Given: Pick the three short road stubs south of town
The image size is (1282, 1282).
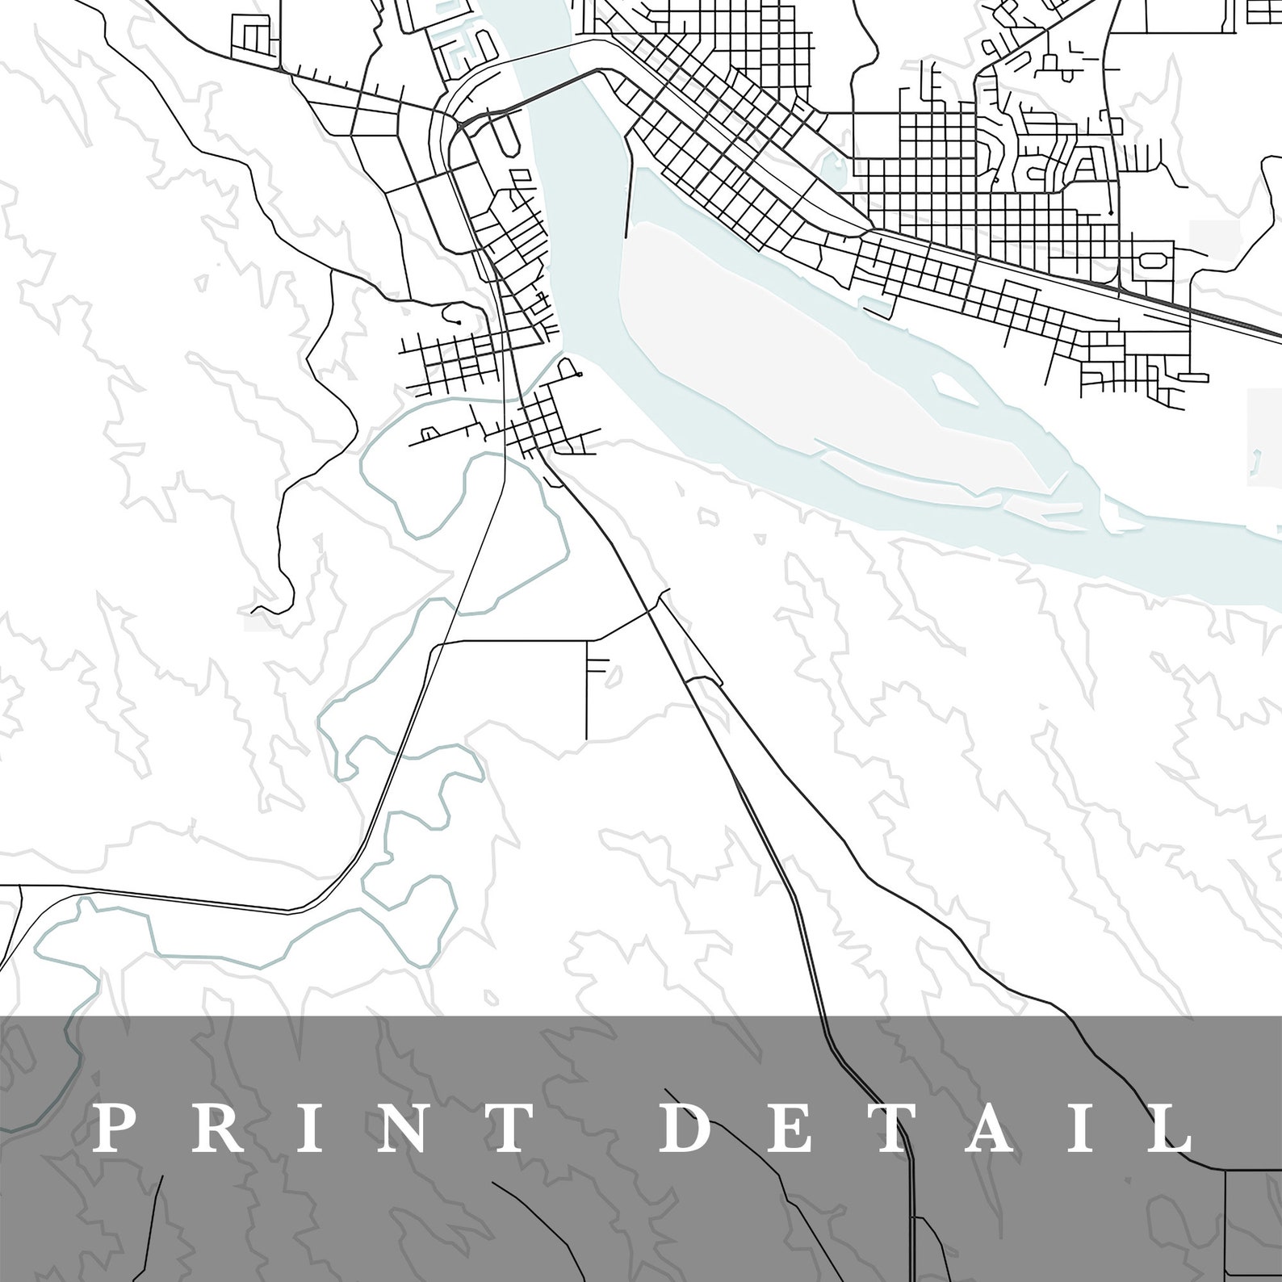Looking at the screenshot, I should (599, 665).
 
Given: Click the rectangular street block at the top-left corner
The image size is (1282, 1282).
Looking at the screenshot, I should (255, 36).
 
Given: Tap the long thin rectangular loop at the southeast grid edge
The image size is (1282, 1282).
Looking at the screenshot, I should (1193, 376).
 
